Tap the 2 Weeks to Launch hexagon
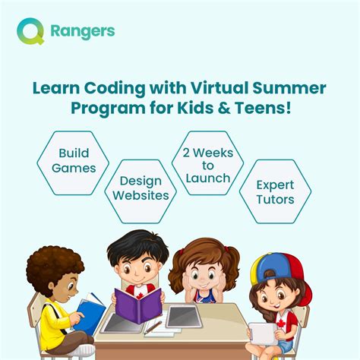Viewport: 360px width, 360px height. coord(207,163)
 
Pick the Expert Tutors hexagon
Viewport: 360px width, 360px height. coord(275,193)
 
